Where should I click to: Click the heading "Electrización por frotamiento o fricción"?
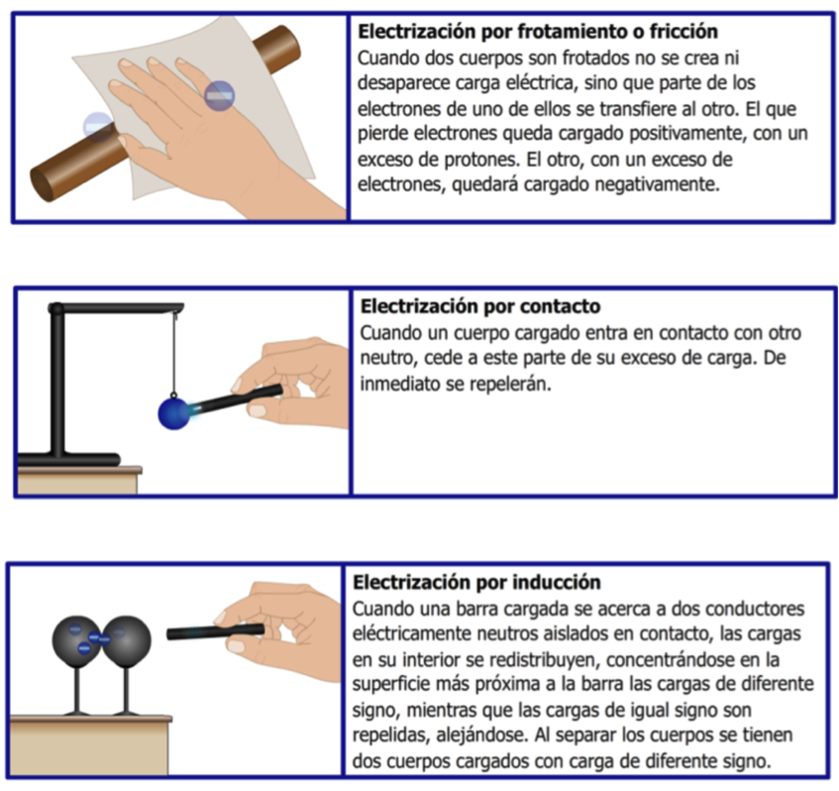538,32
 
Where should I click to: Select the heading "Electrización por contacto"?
480,306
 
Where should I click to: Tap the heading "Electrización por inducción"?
476,582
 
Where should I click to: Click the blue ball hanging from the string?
174,413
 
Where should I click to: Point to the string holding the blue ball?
174,354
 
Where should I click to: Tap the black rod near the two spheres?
216,632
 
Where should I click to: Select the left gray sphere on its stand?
76,641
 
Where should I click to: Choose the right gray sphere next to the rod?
126,641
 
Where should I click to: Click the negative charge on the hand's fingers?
219,96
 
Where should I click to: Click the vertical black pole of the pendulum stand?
57,382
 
